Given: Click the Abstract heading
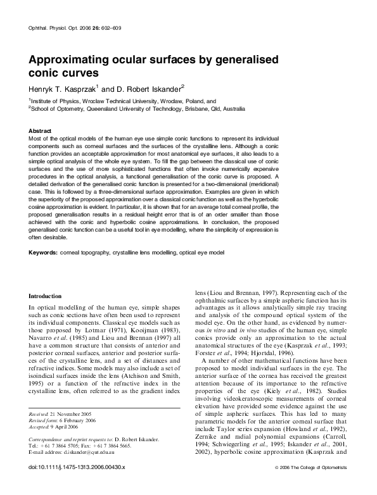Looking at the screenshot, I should click(42, 130).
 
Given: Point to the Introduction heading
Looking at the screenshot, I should click(46, 296).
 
